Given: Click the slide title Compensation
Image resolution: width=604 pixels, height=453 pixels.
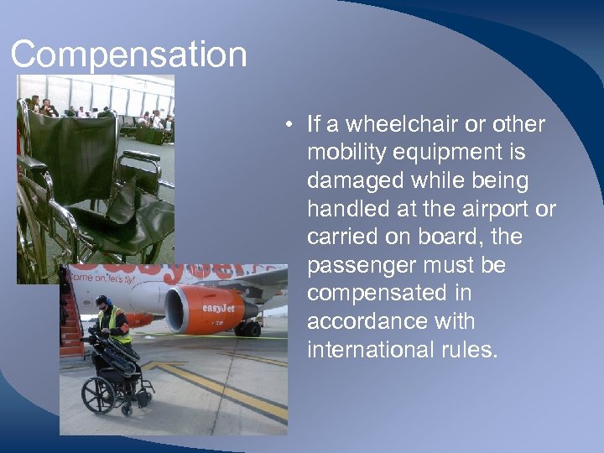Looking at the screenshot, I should point(128,55).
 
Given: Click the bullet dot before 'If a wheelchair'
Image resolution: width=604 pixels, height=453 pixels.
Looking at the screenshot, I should point(288,126).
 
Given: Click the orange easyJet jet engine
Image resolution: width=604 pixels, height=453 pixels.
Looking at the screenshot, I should point(200,308).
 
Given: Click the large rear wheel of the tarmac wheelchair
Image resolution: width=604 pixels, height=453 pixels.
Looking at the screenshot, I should point(98,394).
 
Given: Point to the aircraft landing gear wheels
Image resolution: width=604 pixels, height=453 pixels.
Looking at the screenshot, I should point(247,328).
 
